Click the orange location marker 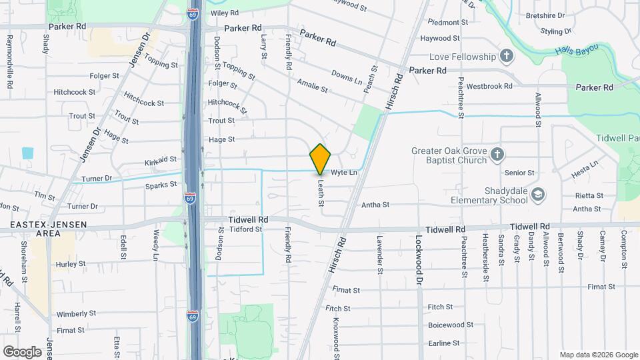pyautogui.click(x=321, y=159)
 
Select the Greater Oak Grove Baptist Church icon pyautogui.click(x=497, y=155)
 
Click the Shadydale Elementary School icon pyautogui.click(x=539, y=195)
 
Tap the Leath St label pyautogui.click(x=321, y=193)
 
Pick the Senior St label pyautogui.click(x=524, y=172)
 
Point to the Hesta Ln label pyautogui.click(x=585, y=169)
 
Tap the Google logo pyautogui.click(x=23, y=351)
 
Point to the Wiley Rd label pyautogui.click(x=224, y=13)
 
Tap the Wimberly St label pyautogui.click(x=76, y=313)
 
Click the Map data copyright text pyautogui.click(x=597, y=355)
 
